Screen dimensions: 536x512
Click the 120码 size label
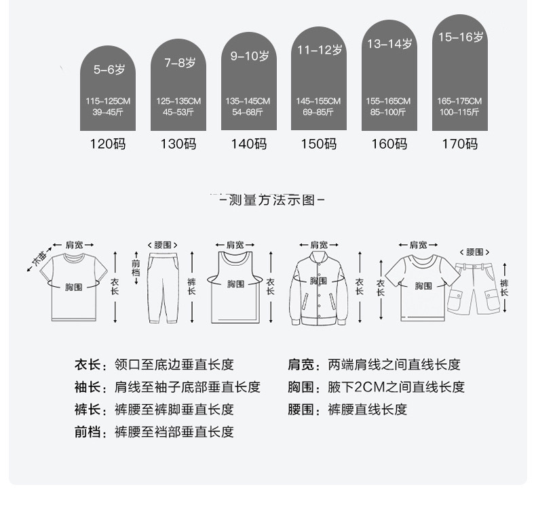pyautogui.click(x=108, y=144)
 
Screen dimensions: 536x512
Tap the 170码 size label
pyautogui.click(x=459, y=144)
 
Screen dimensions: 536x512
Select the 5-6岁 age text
pyautogui.click(x=109, y=69)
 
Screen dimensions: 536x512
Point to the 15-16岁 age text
pyautogui.click(x=460, y=37)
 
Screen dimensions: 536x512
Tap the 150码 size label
pyautogui.click(x=318, y=144)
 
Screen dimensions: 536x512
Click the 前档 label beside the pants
pyautogui.click(x=136, y=268)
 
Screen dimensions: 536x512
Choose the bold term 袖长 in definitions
pyautogui.click(x=88, y=387)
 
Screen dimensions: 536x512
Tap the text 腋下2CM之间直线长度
pyautogui.click(x=396, y=387)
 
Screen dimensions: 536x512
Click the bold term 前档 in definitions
pyautogui.click(x=88, y=432)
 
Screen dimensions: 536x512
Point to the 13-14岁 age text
pyautogui.click(x=389, y=44)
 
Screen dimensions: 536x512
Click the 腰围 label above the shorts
pyautogui.click(x=478, y=252)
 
